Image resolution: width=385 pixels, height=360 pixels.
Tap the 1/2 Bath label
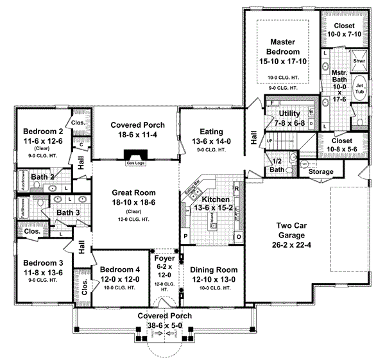click(x=278, y=166)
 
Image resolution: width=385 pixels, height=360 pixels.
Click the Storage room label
click(x=320, y=171)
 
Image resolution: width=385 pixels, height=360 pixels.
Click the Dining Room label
click(x=213, y=270)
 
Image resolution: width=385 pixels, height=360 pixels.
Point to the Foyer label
click(x=165, y=260)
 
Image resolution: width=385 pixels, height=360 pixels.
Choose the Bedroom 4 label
click(x=119, y=270)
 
